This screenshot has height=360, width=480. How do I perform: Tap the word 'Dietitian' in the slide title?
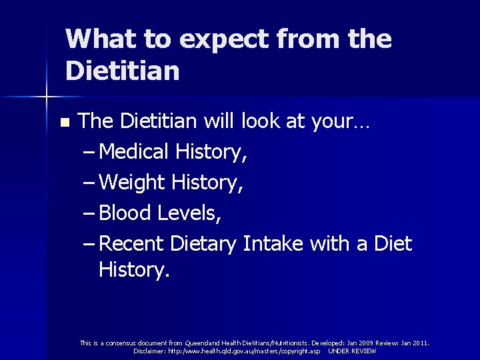(123, 71)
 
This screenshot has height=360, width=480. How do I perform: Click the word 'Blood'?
(128, 213)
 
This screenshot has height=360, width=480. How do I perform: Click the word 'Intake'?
(275, 244)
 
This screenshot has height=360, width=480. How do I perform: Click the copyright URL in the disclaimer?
(244, 351)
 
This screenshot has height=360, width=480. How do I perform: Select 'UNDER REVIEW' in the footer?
(352, 351)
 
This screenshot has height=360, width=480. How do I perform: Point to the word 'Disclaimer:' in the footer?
(150, 351)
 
